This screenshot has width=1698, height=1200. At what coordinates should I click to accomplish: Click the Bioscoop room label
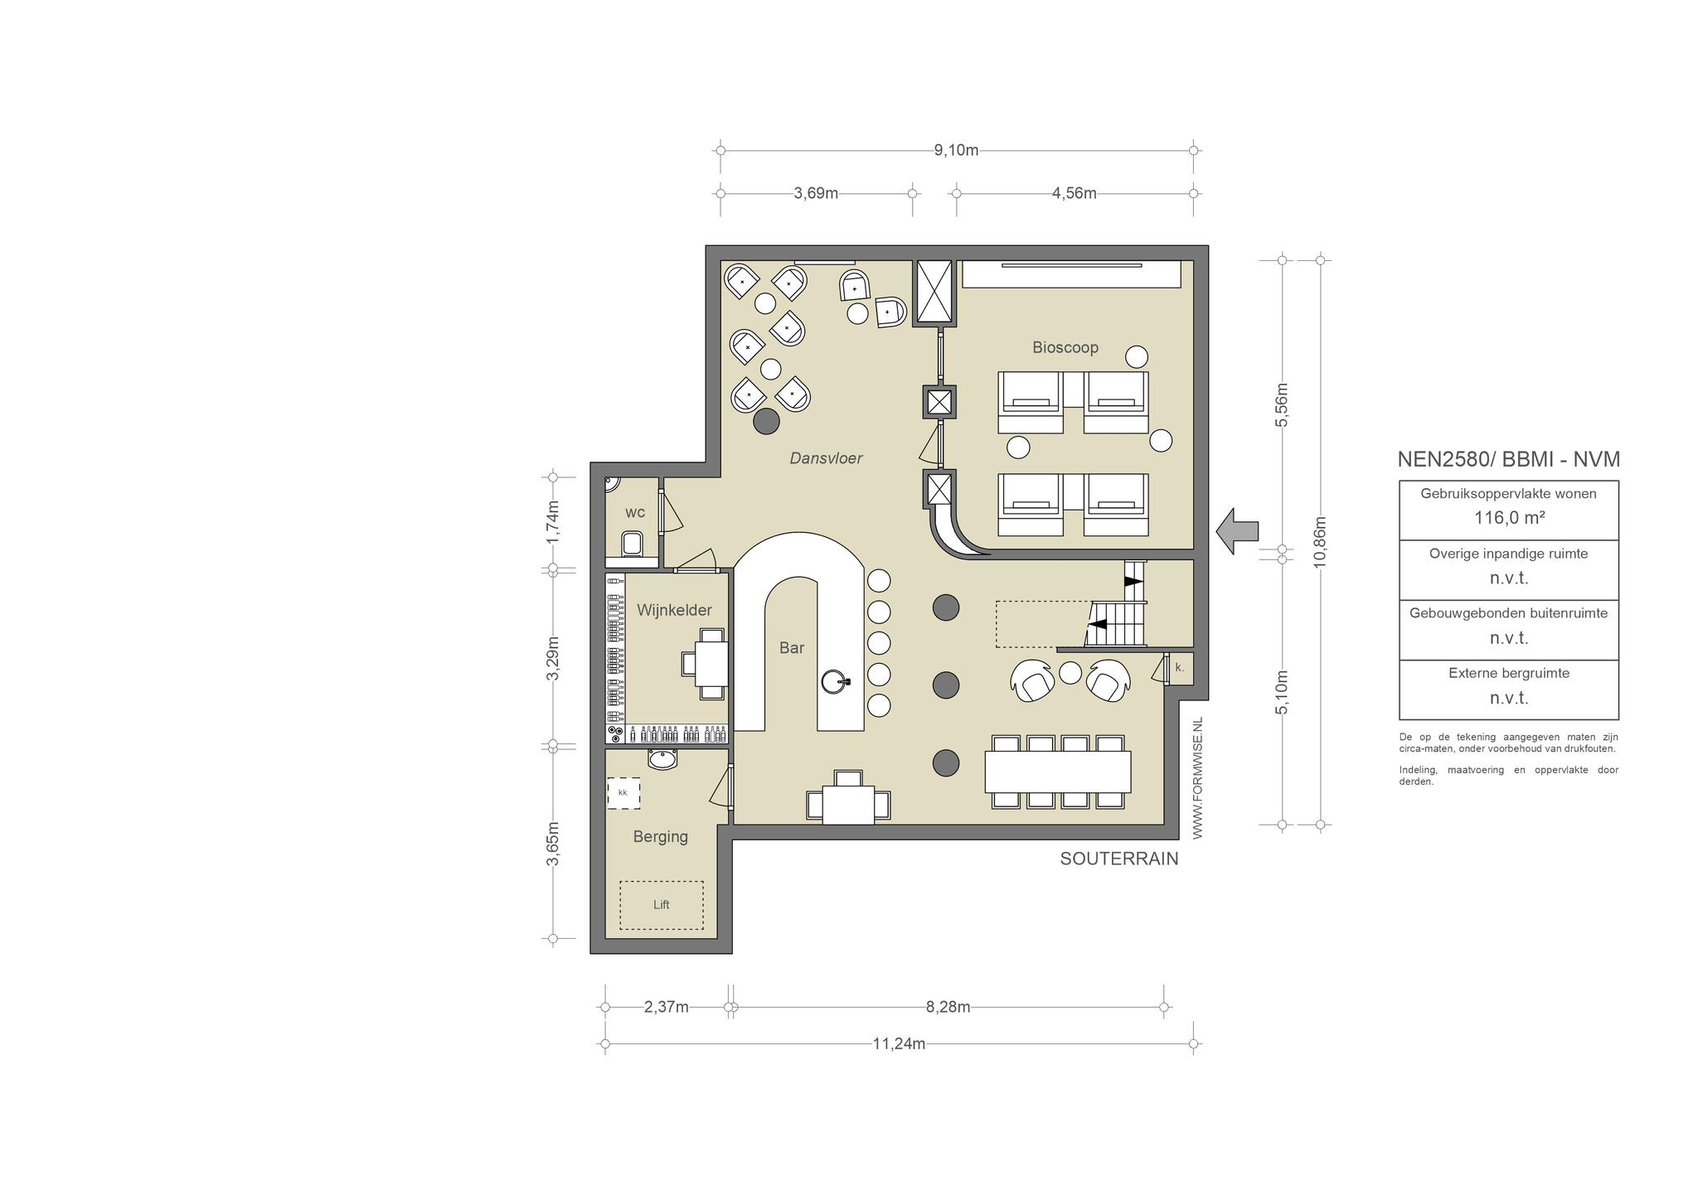(x=1065, y=347)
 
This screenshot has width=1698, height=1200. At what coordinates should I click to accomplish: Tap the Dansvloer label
(x=826, y=458)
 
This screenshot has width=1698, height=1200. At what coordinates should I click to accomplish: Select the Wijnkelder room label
(x=674, y=610)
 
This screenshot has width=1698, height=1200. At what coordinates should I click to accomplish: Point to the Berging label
(x=661, y=837)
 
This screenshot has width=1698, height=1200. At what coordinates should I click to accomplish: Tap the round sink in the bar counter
(x=836, y=682)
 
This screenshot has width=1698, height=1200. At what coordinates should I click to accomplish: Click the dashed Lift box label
(x=661, y=905)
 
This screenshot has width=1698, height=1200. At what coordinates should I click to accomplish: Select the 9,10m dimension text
(x=956, y=151)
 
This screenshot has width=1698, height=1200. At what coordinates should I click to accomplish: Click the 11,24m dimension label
(x=899, y=1044)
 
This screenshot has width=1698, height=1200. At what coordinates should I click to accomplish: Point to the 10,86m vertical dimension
(x=1321, y=542)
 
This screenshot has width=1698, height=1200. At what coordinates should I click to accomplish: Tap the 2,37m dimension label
(x=667, y=1008)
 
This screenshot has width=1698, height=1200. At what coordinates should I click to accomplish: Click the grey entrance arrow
(x=1238, y=530)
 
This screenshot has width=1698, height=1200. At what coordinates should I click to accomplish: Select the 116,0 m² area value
(x=1509, y=518)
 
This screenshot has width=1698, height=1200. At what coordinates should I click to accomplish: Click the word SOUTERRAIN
(x=1119, y=859)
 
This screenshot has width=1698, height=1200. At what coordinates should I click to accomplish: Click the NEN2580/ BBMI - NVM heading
(x=1509, y=459)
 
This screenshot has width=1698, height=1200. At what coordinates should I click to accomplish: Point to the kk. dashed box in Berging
(x=623, y=793)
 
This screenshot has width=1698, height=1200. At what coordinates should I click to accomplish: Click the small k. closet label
(x=1179, y=667)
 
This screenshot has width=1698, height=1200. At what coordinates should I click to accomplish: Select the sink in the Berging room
(x=662, y=759)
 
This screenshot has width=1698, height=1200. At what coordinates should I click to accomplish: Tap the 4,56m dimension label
(x=1075, y=194)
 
